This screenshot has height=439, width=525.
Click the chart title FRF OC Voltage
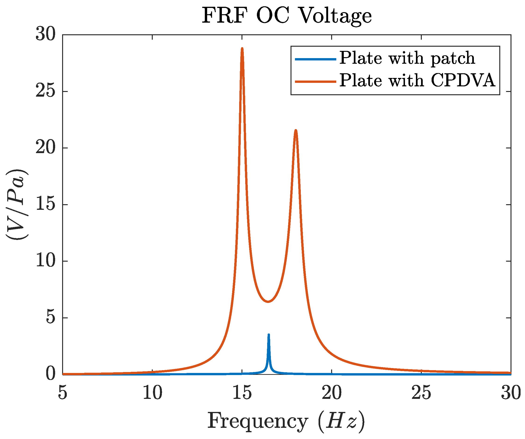click(287, 15)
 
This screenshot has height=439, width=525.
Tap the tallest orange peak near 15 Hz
click(242, 49)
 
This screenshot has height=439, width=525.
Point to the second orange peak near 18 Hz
click(296, 130)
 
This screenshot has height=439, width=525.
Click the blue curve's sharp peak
click(269, 335)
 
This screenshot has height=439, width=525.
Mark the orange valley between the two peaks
click(268, 302)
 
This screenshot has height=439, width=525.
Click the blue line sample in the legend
click(316, 59)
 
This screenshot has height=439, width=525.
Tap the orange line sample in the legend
click(316, 81)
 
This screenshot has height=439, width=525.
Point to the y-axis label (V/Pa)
click(17, 204)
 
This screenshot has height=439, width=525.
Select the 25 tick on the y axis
click(45, 91)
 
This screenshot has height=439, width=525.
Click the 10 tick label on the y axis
click(45, 261)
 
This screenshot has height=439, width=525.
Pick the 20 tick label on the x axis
click(331, 393)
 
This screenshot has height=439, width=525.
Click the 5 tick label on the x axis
click(63, 393)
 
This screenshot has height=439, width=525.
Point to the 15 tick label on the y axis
click(45, 204)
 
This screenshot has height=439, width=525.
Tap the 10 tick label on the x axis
click(152, 393)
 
